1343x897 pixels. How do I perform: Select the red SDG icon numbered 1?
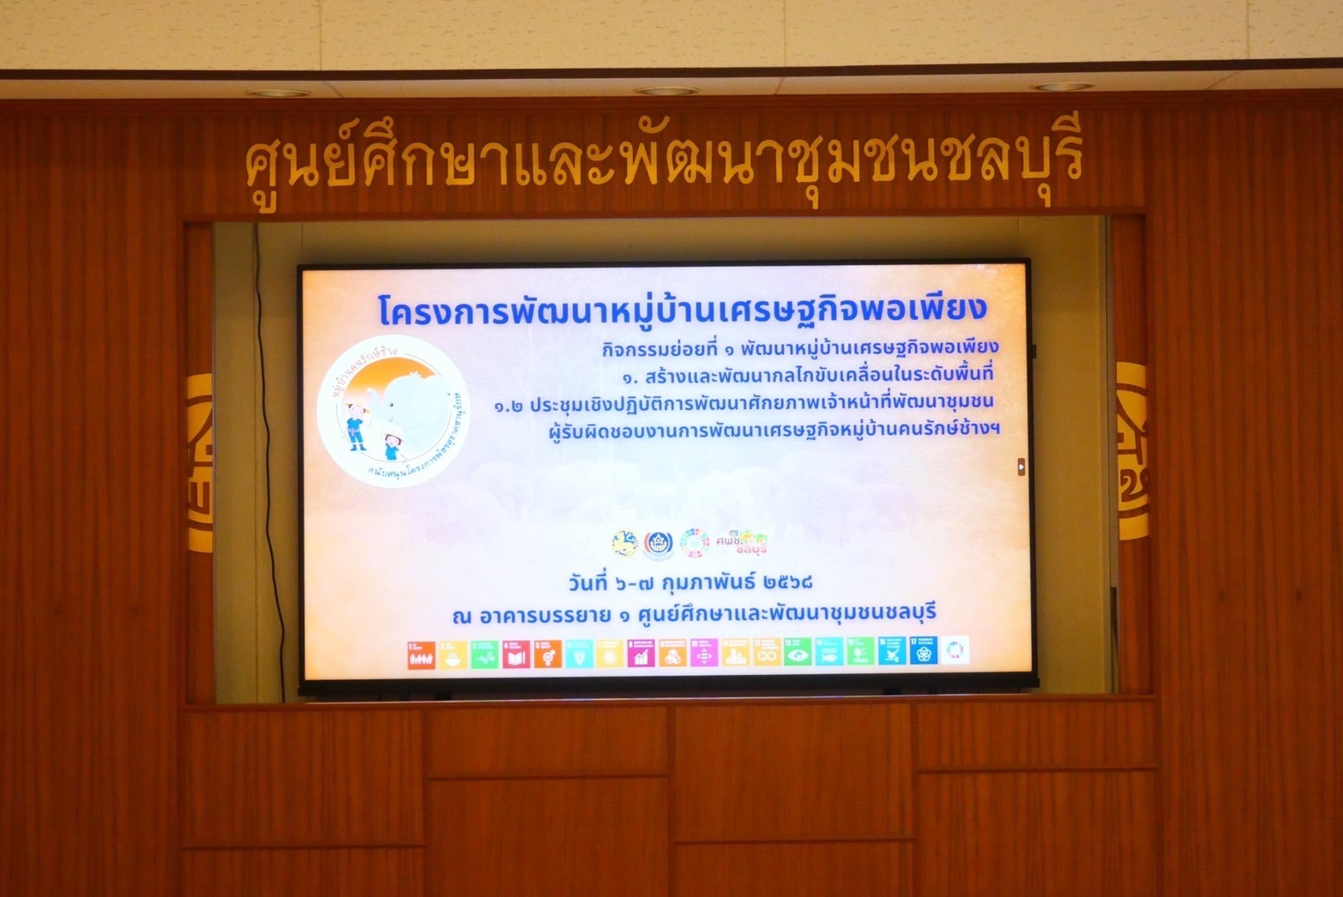pyautogui.click(x=420, y=654)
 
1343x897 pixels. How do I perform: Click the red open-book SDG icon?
pyautogui.click(x=515, y=654)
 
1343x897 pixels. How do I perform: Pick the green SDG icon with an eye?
pyautogui.click(x=797, y=653)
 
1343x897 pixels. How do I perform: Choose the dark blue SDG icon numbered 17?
pyautogui.click(x=924, y=653)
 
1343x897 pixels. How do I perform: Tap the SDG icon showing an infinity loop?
pyautogui.click(x=766, y=653)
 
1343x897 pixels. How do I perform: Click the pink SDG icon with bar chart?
pyautogui.click(x=641, y=654)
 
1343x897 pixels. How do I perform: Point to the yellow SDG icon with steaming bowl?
pyautogui.click(x=452, y=654)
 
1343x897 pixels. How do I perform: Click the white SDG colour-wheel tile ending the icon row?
pyautogui.click(x=955, y=651)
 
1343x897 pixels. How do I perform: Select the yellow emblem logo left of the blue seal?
pyautogui.click(x=624, y=543)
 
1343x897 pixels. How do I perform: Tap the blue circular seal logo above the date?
pyautogui.click(x=659, y=544)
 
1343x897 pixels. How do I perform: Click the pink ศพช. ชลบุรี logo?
pyautogui.click(x=743, y=542)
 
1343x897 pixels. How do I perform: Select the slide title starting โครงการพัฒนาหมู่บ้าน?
pyautogui.click(x=683, y=310)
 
